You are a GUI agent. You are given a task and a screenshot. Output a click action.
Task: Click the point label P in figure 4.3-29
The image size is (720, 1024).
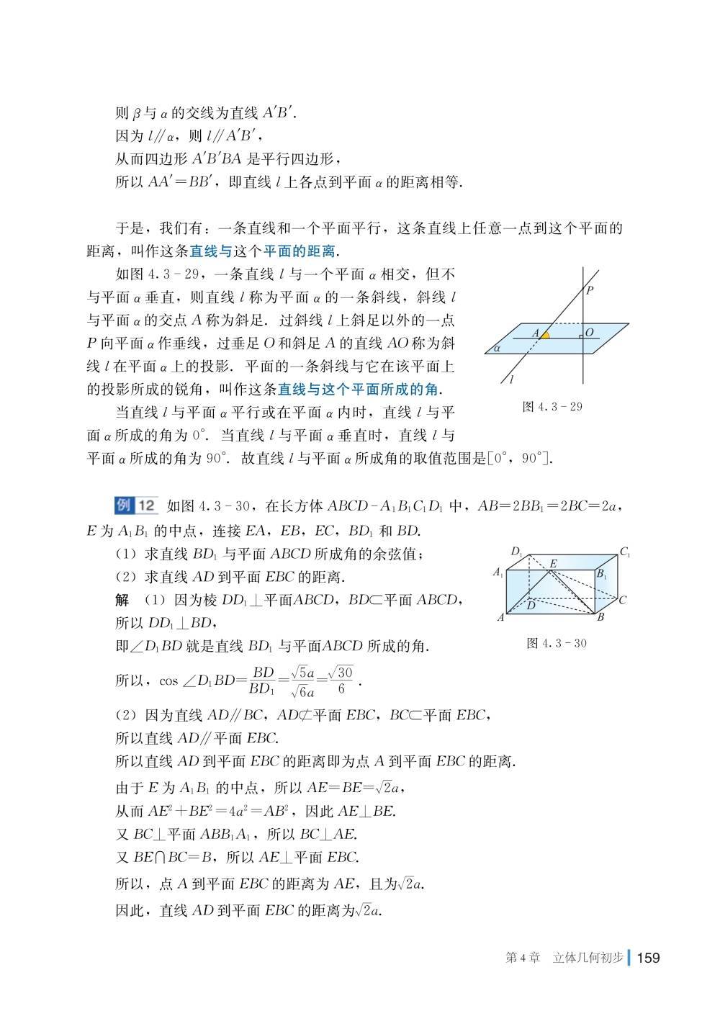[x=590, y=291]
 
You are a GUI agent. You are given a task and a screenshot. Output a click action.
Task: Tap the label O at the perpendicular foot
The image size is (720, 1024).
[x=590, y=332]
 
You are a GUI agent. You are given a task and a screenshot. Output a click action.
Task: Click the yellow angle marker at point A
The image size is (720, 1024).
[x=545, y=335]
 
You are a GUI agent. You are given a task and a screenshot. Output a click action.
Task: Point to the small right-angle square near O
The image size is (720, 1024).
[x=580, y=336]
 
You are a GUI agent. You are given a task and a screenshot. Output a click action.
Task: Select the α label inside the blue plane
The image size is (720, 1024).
[x=498, y=348]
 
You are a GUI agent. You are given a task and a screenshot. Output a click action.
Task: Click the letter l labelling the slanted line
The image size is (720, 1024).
[x=510, y=379]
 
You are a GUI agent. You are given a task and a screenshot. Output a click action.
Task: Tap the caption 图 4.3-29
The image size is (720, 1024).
[x=552, y=407]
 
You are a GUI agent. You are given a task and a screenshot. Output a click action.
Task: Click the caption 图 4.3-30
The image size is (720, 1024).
[x=556, y=642]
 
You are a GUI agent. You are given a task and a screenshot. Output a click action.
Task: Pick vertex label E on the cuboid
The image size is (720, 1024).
[x=553, y=563]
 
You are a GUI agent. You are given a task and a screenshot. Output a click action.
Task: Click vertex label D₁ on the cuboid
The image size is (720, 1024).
[x=517, y=552]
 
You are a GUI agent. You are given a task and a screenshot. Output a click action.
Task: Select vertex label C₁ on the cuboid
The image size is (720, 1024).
[x=624, y=552]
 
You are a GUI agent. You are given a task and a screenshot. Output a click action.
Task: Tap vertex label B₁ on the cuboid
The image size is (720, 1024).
[x=601, y=574]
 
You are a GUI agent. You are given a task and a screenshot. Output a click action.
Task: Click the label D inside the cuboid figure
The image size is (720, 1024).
[x=531, y=606]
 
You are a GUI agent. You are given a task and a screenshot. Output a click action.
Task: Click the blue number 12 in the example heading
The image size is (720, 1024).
[x=145, y=506]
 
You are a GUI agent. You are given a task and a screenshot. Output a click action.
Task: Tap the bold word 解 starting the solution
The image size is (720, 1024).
[x=122, y=600]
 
